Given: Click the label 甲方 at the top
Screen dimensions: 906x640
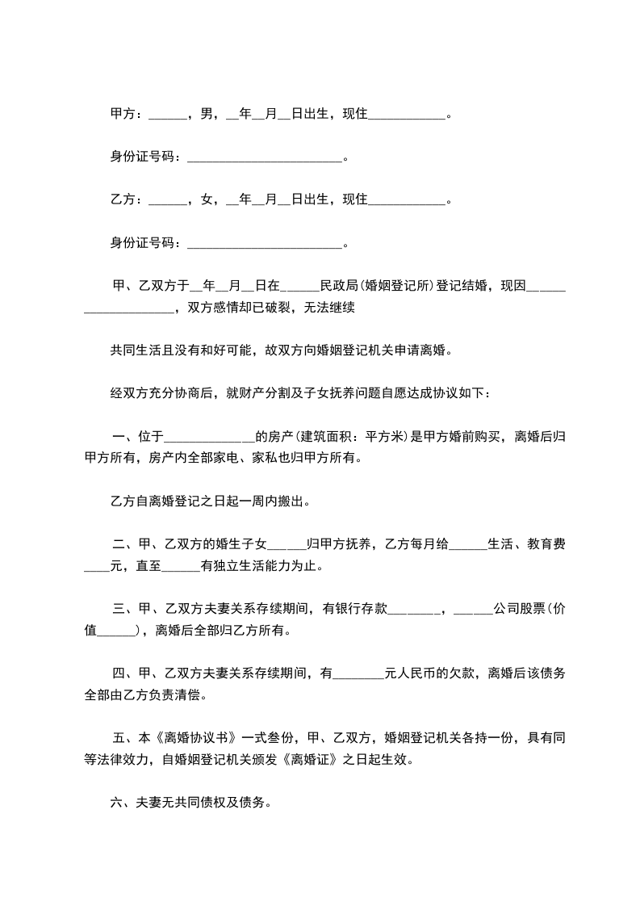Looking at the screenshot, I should (x=123, y=114).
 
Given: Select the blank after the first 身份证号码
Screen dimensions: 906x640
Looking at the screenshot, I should (x=265, y=157).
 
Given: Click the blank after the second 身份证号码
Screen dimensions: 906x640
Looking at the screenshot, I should (x=265, y=242).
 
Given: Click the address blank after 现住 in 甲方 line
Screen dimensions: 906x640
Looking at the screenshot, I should (x=407, y=115).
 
